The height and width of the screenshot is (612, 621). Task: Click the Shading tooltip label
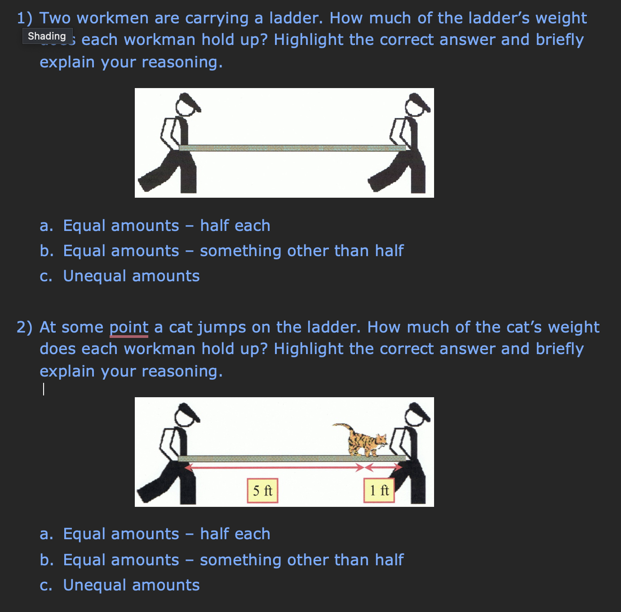pyautogui.click(x=47, y=36)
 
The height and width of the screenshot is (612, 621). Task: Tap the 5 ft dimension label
pyautogui.click(x=262, y=490)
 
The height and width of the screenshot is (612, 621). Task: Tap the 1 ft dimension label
pyautogui.click(x=379, y=490)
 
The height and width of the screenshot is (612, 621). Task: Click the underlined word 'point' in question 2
pyautogui.click(x=129, y=327)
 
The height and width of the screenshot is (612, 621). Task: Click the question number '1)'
pyautogui.click(x=25, y=18)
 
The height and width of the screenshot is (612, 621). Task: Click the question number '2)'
pyautogui.click(x=25, y=327)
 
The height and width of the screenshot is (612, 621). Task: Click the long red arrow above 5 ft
pyautogui.click(x=274, y=468)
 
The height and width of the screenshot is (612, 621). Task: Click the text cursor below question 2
pyautogui.click(x=44, y=389)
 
